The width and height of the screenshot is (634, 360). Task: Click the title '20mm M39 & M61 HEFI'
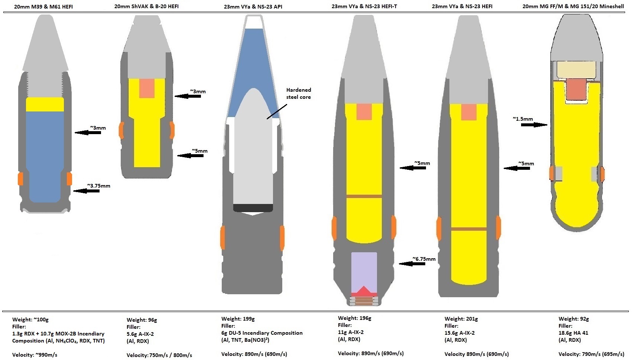tap(43, 7)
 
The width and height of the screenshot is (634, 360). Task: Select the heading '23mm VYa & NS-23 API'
tap(253, 7)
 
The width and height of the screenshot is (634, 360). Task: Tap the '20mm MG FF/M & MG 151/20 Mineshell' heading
tap(573, 6)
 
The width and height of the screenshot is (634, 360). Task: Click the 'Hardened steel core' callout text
tap(299, 93)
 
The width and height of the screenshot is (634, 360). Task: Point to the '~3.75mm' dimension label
tap(98, 186)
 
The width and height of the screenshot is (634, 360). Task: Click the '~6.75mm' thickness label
tap(424, 259)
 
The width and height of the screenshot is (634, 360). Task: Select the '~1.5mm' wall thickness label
tap(523, 119)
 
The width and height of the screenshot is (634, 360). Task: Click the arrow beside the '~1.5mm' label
tap(534, 125)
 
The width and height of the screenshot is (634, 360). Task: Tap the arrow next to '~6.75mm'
tap(412, 264)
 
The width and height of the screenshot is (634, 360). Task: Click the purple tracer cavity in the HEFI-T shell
tap(364, 270)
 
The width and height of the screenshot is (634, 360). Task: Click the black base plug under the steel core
tap(253, 208)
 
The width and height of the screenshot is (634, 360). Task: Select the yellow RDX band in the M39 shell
tap(45, 104)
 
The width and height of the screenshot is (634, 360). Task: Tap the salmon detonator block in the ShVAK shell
tap(147, 88)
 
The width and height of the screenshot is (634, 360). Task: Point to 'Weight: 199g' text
tap(238, 319)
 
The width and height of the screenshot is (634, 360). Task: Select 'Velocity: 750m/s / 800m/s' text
tap(159, 355)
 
